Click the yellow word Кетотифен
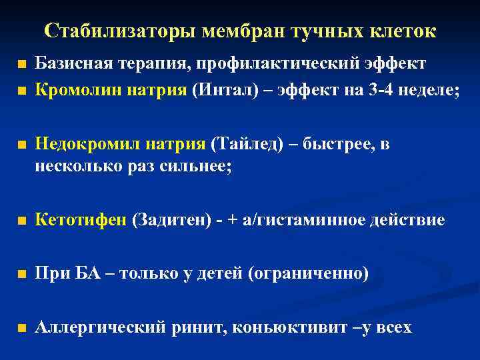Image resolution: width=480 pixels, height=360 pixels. [x=80, y=220]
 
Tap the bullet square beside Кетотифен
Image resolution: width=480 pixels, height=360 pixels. [x=23, y=221]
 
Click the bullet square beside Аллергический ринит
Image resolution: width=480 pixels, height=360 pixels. [x=23, y=329]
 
